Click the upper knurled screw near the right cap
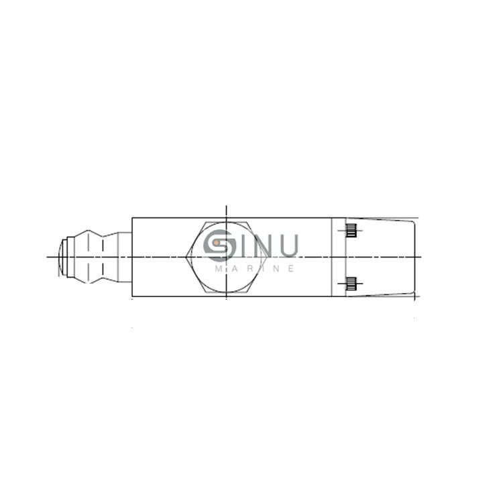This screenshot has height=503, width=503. [x=351, y=232]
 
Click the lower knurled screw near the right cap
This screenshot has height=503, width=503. [x=351, y=284]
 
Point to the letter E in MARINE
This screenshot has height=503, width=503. [x=292, y=268]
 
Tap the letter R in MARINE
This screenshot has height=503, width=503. [x=247, y=268]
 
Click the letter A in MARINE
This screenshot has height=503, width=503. [x=233, y=268]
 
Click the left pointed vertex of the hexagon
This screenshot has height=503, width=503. [x=186, y=258]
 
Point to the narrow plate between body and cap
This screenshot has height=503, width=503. [x=339, y=258]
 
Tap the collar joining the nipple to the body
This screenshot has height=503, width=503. [x=125, y=258]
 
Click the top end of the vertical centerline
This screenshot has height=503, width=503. [x=227, y=206]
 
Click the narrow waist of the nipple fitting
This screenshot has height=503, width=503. [x=103, y=258]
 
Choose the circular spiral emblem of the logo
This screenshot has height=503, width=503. [x=219, y=246]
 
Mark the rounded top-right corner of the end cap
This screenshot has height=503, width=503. [x=412, y=223]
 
